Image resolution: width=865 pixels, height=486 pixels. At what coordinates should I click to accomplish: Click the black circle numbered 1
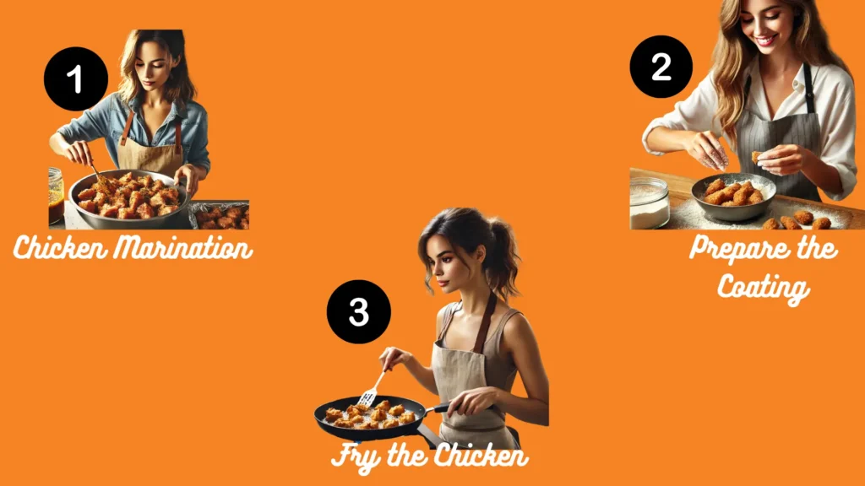point(76,79)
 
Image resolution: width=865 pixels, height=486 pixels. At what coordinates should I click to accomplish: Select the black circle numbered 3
point(359,311)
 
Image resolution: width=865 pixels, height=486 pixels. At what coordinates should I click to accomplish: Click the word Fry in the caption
point(356,456)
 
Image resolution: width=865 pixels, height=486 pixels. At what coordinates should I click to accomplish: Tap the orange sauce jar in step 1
point(56,193)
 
